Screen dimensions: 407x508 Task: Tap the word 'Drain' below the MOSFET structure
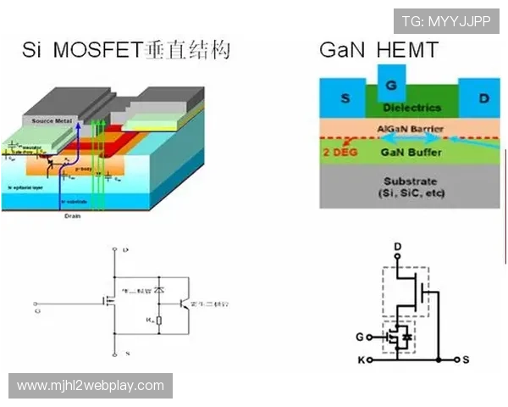(x=72, y=216)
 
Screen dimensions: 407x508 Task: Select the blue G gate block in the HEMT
(x=389, y=86)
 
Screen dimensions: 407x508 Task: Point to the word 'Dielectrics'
(x=412, y=108)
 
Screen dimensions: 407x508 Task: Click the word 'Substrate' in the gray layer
(x=410, y=181)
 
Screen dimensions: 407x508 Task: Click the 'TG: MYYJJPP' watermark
(x=446, y=21)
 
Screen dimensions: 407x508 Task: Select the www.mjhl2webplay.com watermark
(x=91, y=386)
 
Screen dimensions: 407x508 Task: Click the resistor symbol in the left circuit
(x=159, y=321)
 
